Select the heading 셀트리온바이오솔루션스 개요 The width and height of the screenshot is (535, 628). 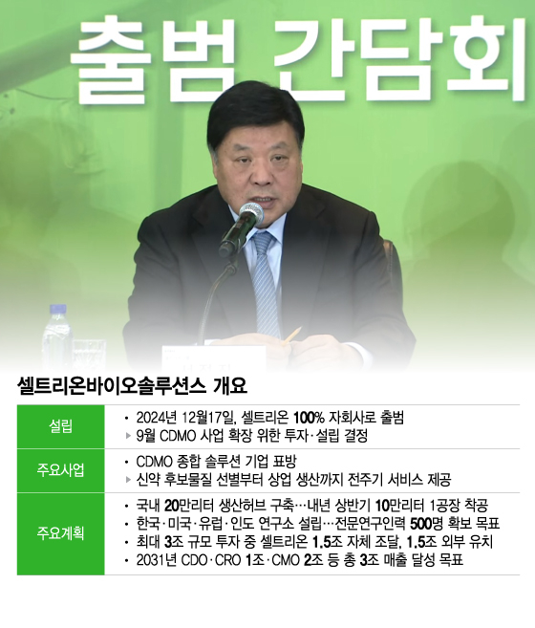(132, 386)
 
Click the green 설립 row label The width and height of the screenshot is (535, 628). (60, 426)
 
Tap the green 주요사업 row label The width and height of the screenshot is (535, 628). (60, 469)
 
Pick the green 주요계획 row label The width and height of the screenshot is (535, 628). (60, 532)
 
